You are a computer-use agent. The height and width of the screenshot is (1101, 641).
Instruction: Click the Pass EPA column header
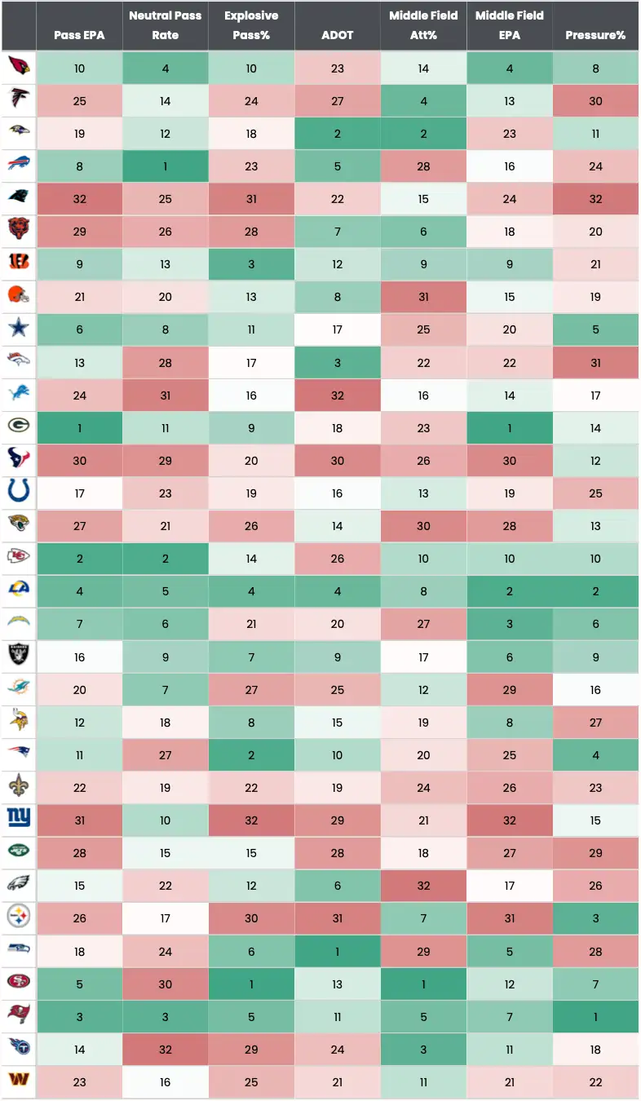point(79,35)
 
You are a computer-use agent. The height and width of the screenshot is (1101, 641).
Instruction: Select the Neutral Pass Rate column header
point(165,25)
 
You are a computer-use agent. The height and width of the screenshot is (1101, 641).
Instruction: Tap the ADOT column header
point(337,35)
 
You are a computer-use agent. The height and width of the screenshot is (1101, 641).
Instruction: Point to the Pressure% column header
point(595,35)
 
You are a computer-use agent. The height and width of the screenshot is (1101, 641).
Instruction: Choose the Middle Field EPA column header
point(509,25)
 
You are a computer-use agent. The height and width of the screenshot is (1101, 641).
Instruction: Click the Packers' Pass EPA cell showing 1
point(79,428)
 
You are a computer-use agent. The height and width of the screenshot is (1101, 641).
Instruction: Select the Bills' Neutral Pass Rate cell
point(165,166)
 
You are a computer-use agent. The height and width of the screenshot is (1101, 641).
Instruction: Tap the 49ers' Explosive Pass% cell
point(251,984)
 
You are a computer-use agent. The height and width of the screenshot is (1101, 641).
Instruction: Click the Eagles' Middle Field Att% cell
point(423,886)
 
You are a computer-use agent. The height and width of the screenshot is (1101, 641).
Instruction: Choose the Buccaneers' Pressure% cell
point(595,1017)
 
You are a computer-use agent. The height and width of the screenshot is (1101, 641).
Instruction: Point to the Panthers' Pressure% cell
point(595,199)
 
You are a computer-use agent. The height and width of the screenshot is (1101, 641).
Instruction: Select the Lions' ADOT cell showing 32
point(337,396)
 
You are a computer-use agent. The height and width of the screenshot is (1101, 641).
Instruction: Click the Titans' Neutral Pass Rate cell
point(165,1050)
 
